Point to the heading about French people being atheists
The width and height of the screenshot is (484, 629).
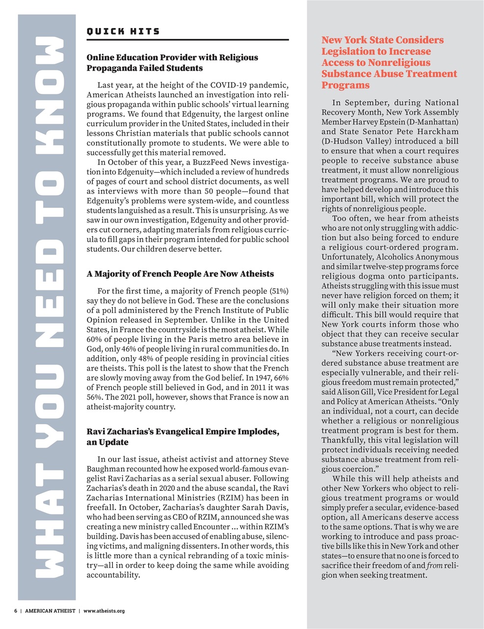point(180,274)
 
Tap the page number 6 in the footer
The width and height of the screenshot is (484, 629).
point(16,611)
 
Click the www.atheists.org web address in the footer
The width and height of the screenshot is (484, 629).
point(104,611)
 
